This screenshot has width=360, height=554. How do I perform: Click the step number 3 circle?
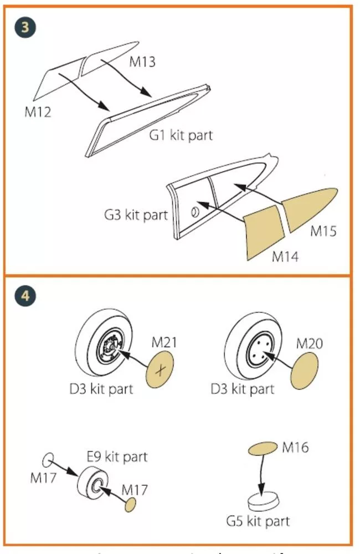click(x=25, y=27)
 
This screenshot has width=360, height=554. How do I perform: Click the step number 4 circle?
click(x=25, y=295)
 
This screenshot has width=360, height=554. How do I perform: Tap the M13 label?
click(x=142, y=61)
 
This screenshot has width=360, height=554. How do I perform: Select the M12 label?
click(x=38, y=112)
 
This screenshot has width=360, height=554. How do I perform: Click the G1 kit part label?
click(x=181, y=135)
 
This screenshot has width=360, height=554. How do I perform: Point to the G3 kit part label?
click(x=136, y=215)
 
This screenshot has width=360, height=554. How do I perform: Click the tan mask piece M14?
click(x=264, y=233)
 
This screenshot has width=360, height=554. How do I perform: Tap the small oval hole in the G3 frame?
click(x=194, y=212)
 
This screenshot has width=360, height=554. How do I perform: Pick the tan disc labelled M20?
click(x=304, y=371)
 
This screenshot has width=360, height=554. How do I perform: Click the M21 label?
click(x=164, y=342)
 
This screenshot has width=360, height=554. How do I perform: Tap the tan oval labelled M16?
click(x=263, y=448)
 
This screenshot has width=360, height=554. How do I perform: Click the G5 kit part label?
click(x=258, y=521)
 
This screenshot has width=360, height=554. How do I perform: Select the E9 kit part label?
click(x=117, y=456)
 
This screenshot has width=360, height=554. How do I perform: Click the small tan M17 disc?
click(x=130, y=505)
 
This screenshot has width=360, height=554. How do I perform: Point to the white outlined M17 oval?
click(x=48, y=460)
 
